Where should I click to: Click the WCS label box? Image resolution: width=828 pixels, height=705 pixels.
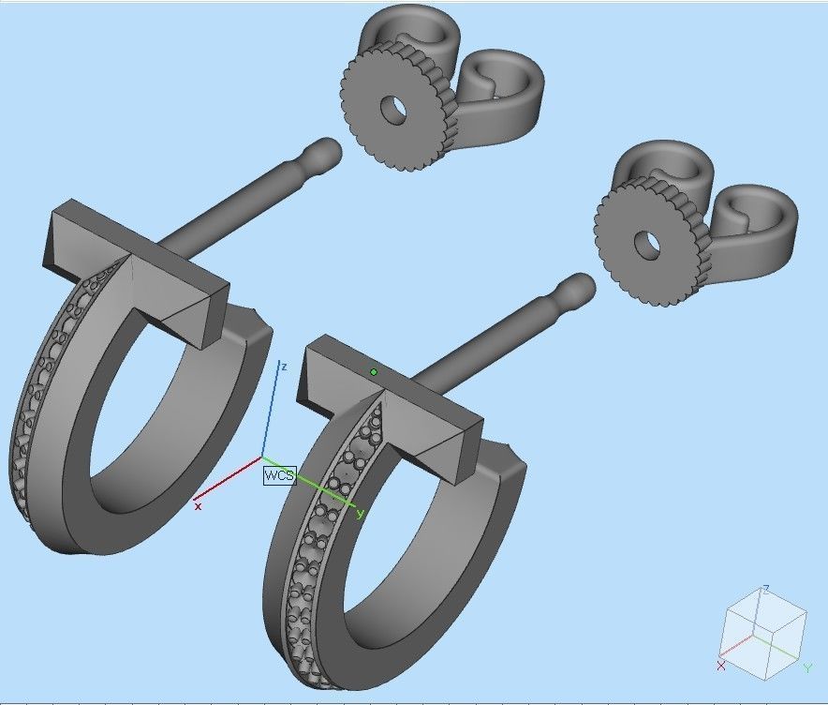[x=279, y=475]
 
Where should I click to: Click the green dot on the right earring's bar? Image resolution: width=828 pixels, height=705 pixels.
[x=374, y=372]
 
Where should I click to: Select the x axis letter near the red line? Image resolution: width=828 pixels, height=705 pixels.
[x=198, y=505]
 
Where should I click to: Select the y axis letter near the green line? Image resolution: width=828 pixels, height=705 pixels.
[x=361, y=514]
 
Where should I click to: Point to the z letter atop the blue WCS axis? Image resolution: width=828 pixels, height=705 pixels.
[x=283, y=367]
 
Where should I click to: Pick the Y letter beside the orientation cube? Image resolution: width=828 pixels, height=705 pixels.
[x=806, y=667]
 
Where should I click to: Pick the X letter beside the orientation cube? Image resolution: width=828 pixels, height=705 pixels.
[x=720, y=666]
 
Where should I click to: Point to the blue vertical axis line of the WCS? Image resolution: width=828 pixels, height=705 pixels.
[x=271, y=412]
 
